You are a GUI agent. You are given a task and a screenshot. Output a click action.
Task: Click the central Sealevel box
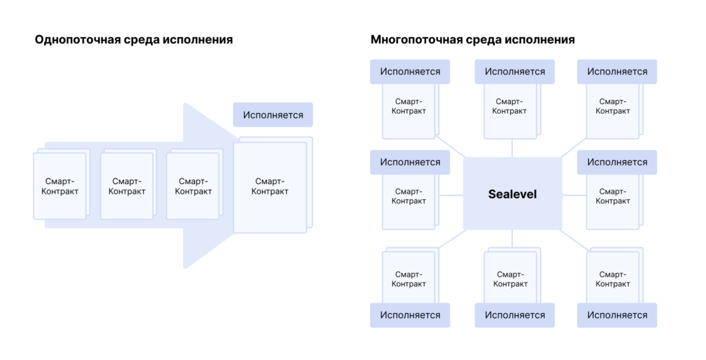tap(512, 194)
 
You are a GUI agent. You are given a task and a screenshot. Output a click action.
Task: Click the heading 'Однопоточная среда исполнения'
tap(134, 40)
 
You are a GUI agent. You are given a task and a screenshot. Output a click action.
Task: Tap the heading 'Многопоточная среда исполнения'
tap(472, 40)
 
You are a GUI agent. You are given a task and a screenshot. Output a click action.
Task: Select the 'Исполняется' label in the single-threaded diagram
tap(273, 114)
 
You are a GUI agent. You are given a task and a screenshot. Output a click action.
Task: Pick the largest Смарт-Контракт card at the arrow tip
tap(270, 187)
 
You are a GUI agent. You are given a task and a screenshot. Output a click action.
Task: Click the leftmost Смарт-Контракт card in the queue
tap(59, 186)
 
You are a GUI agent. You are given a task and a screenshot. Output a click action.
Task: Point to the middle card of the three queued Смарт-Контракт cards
tap(127, 186)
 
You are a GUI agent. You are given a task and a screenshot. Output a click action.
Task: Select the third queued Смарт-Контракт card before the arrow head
tap(193, 186)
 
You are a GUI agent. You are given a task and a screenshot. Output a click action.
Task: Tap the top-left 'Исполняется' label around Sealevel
tap(410, 72)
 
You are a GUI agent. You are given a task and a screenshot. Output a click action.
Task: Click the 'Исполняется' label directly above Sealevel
tap(514, 72)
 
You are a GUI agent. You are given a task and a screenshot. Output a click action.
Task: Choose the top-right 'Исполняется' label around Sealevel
tap(617, 72)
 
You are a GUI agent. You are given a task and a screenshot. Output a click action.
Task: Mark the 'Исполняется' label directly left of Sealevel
tap(410, 162)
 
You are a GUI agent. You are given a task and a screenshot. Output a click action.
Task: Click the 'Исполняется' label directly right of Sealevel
tap(617, 162)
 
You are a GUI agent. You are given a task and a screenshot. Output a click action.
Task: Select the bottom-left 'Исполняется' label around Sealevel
tap(410, 315)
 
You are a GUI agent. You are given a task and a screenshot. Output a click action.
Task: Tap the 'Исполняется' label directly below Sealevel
tap(514, 315)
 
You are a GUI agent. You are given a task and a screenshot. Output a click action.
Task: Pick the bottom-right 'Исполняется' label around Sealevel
tap(617, 315)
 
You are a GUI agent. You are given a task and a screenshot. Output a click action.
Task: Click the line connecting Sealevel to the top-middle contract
tap(512, 148)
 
